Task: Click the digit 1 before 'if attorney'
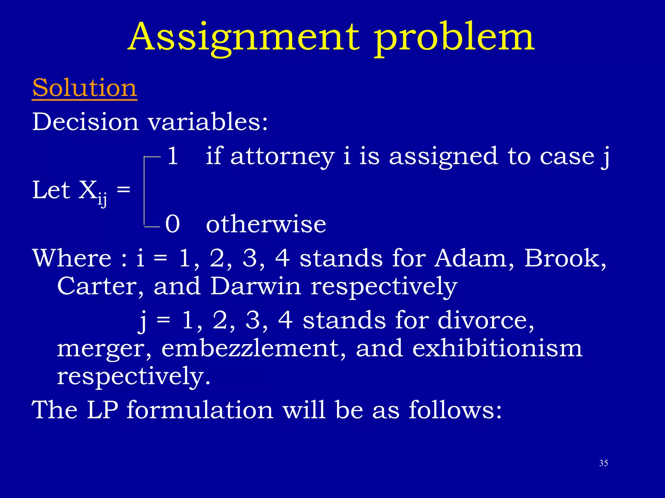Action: tap(173, 156)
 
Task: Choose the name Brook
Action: tap(565, 258)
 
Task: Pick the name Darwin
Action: tap(256, 286)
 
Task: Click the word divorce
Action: tap(486, 320)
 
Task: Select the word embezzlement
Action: tap(254, 349)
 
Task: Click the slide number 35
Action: tap(603, 463)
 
